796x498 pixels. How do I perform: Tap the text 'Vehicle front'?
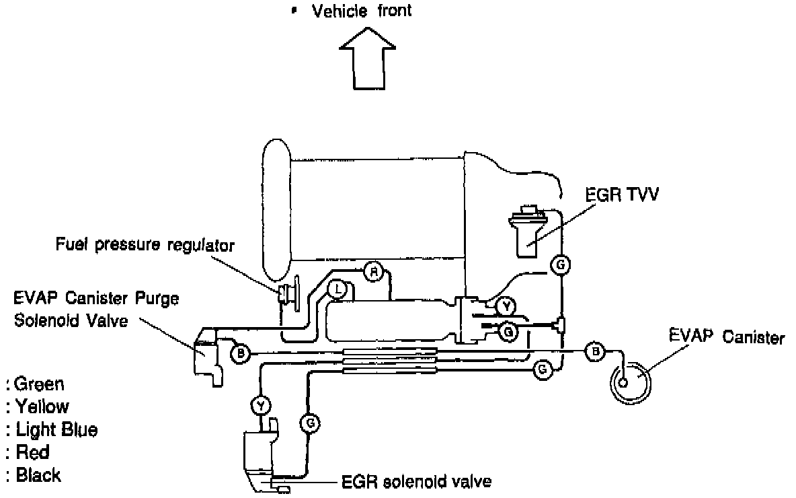click(x=362, y=11)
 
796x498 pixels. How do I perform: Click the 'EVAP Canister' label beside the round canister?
click(x=726, y=337)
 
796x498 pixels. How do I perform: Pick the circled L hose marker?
click(x=339, y=290)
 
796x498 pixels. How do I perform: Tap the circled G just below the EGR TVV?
click(x=559, y=264)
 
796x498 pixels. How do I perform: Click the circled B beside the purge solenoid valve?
click(x=240, y=353)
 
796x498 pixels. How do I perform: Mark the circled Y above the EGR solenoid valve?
click(x=260, y=405)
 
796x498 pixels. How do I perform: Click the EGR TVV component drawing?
click(x=529, y=232)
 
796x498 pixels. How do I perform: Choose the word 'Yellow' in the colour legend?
click(x=42, y=406)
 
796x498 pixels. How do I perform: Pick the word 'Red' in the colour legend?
click(x=32, y=452)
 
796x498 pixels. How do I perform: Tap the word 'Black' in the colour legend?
click(x=38, y=475)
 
